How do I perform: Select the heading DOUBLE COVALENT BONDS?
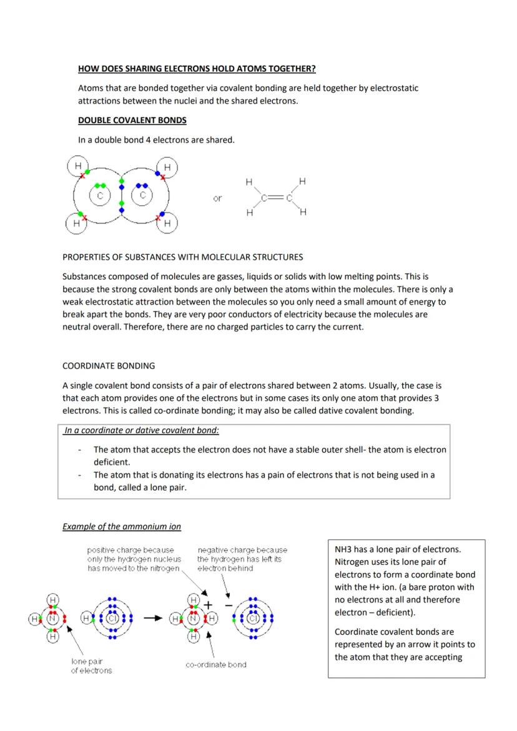[x=132, y=120]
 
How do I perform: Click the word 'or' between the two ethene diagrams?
[x=217, y=199]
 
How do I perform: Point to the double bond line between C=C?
[x=274, y=198]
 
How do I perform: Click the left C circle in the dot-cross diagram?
[x=99, y=195]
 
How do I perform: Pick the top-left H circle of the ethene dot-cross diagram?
[x=78, y=166]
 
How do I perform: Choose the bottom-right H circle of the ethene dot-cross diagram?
[x=167, y=223]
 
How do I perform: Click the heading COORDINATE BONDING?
[x=109, y=365]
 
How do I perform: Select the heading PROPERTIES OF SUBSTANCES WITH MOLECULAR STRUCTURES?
[x=183, y=257]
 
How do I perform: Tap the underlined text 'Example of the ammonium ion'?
[x=122, y=526]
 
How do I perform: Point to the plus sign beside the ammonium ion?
[x=209, y=606]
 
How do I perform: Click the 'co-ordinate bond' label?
[x=216, y=665]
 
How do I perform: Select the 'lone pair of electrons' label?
[x=91, y=665]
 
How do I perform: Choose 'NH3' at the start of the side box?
[x=343, y=549]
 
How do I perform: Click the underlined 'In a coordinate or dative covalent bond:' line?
[x=141, y=431]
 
